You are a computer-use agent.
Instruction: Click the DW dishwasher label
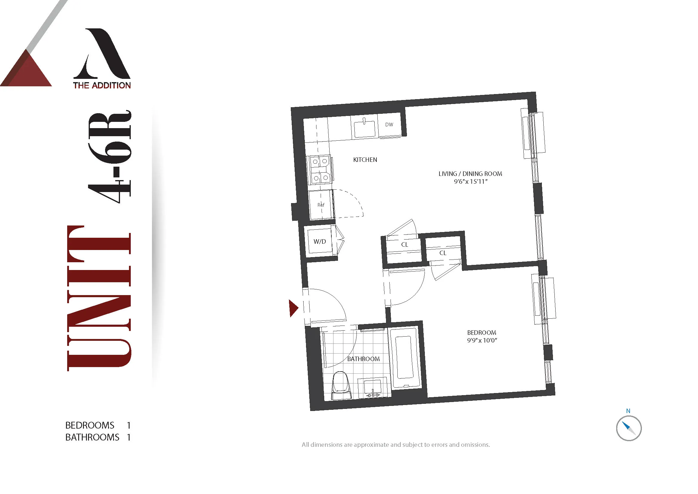point(389,125)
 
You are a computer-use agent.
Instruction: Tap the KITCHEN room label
point(365,160)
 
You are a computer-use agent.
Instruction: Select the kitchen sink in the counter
point(364,129)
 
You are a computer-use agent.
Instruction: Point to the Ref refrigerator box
point(321,204)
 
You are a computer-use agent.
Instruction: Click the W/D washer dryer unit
point(319,242)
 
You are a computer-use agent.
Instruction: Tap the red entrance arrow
point(293,308)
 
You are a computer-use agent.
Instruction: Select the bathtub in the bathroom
point(404,358)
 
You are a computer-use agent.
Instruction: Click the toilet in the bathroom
point(341,385)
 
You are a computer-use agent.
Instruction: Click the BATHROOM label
point(363,359)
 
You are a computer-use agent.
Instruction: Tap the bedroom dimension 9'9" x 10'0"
point(482,340)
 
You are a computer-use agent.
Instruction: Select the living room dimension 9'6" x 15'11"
point(470,182)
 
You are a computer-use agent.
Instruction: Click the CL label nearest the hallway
point(404,245)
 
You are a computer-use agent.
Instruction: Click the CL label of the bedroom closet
point(443,253)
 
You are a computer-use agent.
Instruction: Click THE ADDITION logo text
point(102,85)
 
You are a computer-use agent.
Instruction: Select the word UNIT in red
point(99,298)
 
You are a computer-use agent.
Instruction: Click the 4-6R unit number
point(110,157)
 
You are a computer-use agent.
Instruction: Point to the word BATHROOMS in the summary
point(92,437)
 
